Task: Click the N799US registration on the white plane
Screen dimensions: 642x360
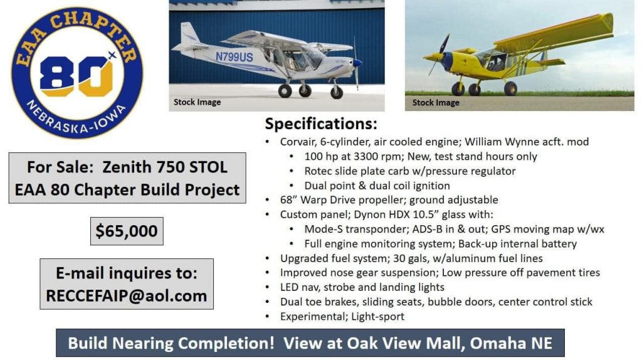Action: (x=234, y=57)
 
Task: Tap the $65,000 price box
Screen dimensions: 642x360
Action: (x=127, y=231)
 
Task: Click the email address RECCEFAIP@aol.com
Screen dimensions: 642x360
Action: (x=127, y=295)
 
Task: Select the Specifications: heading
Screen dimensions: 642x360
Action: (x=321, y=124)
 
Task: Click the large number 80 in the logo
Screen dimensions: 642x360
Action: (x=76, y=77)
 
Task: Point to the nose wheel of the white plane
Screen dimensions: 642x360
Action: (x=337, y=93)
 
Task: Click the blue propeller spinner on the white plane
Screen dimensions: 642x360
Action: (x=357, y=63)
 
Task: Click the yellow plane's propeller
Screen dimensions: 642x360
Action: (x=440, y=55)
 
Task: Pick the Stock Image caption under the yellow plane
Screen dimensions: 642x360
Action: (x=436, y=102)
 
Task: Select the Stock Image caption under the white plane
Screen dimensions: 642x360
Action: (x=197, y=102)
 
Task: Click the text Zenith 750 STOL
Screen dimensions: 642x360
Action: (x=165, y=167)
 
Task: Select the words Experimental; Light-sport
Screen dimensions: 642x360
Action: (x=342, y=317)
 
